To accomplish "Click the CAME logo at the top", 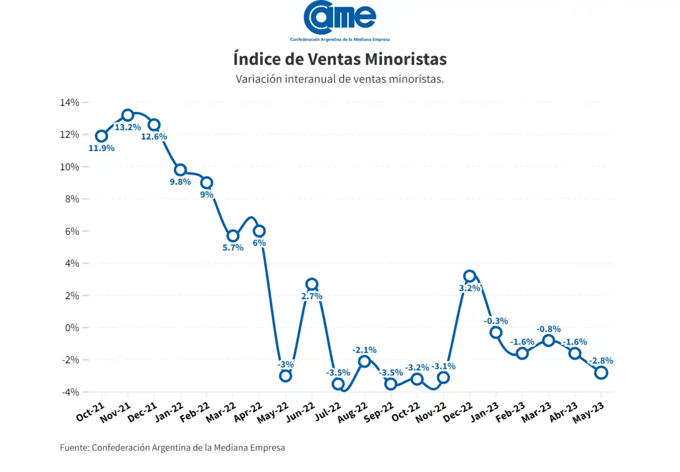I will tap(340, 19).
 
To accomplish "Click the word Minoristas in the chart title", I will tap(405, 59).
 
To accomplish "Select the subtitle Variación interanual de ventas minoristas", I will tap(340, 79).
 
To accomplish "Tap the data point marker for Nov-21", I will tap(128, 115).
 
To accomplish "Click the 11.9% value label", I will tap(101, 148).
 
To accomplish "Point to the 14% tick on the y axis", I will tap(70, 102).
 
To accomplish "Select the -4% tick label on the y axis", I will tap(70, 392).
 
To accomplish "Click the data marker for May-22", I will tap(286, 376).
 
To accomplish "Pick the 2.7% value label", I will tap(312, 296).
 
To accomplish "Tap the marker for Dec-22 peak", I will tap(470, 276).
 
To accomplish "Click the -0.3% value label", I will tap(496, 321).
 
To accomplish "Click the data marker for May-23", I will tap(601, 372).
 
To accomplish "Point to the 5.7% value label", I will tap(233, 248).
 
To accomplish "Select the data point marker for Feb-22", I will tap(207, 183).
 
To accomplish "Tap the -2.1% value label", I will tap(364, 350).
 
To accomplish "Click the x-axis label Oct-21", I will tap(90, 412).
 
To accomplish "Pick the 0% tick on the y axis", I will tap(72, 328).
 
